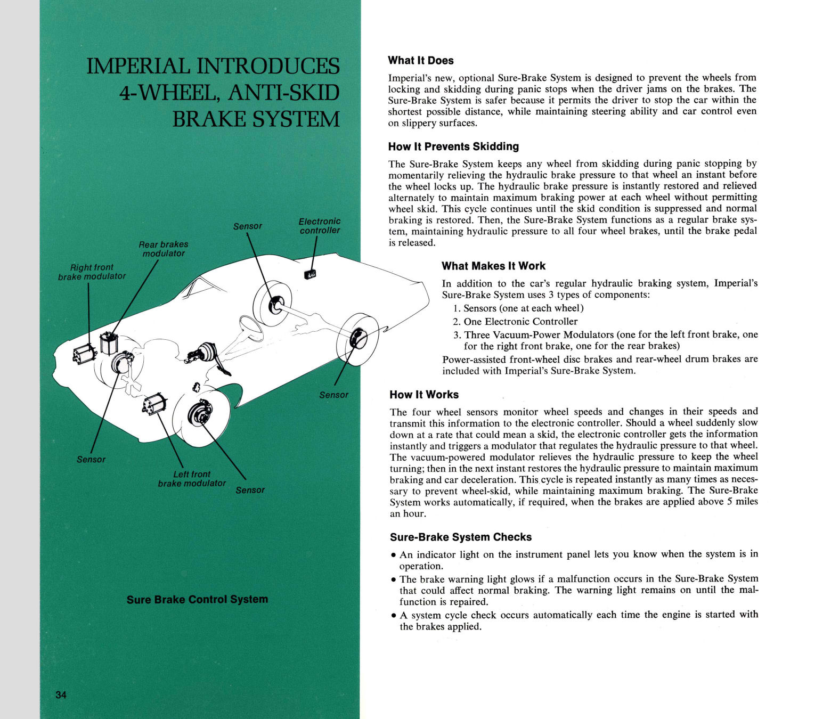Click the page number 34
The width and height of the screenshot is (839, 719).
click(x=61, y=695)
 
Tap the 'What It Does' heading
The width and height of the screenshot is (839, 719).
click(x=421, y=61)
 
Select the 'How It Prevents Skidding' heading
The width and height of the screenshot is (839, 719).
click(x=453, y=146)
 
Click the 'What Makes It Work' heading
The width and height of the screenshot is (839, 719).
click(x=493, y=266)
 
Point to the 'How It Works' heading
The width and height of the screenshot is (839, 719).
click(x=424, y=395)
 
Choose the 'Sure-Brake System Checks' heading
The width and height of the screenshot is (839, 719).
click(x=461, y=537)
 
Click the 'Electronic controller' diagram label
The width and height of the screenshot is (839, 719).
click(x=319, y=226)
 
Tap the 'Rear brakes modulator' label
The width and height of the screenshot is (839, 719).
click(x=163, y=249)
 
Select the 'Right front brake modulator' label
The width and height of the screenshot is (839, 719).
click(x=92, y=272)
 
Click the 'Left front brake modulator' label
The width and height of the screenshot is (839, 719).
click(x=192, y=478)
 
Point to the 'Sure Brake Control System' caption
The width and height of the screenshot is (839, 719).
click(x=197, y=599)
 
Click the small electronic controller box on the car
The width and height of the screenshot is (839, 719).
click(x=309, y=274)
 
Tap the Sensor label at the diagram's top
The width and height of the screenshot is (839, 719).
click(x=248, y=226)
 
